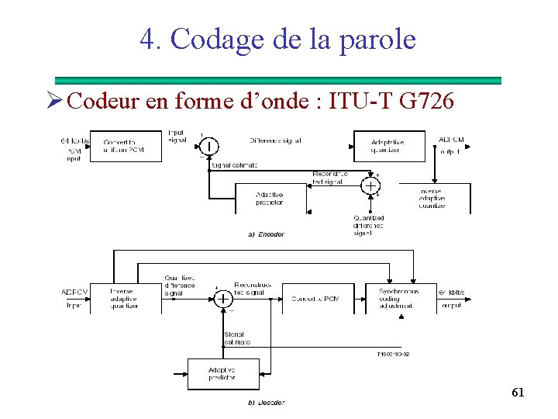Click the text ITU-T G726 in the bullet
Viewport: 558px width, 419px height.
pyautogui.click(x=391, y=101)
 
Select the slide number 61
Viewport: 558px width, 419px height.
pyautogui.click(x=518, y=393)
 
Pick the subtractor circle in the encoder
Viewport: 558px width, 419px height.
pyautogui.click(x=209, y=147)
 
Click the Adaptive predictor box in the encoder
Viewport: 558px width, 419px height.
pyautogui.click(x=270, y=198)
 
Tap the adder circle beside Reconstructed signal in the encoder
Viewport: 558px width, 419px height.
pyautogui.click(x=371, y=186)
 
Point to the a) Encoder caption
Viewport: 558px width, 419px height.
pyautogui.click(x=266, y=234)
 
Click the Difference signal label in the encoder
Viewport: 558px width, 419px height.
pyautogui.click(x=275, y=140)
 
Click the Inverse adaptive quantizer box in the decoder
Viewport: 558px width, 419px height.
pyautogui.click(x=123, y=299)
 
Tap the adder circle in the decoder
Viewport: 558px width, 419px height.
pyautogui.click(x=223, y=299)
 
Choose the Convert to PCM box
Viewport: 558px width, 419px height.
pyautogui.click(x=315, y=299)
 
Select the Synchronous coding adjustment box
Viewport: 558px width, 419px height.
pyautogui.click(x=399, y=299)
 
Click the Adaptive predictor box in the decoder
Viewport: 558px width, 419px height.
pyautogui.click(x=222, y=373)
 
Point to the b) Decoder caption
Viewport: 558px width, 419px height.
pyautogui.click(x=266, y=402)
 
